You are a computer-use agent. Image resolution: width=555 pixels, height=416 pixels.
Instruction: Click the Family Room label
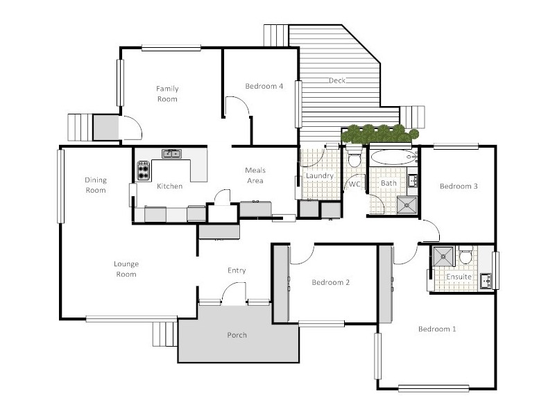tap(166, 94)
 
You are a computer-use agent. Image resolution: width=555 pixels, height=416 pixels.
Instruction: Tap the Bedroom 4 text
tap(264, 87)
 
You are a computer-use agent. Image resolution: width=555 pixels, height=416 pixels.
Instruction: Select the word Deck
tap(337, 81)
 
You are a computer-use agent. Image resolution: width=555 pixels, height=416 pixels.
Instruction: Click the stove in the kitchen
tap(144, 171)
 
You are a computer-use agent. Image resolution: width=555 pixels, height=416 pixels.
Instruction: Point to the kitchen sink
tap(171, 154)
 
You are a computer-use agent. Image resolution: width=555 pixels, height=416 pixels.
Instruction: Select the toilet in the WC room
tap(354, 160)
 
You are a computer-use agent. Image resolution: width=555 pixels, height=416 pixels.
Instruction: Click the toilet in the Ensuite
tap(466, 257)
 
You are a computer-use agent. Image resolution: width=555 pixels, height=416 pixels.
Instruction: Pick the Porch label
tap(237, 336)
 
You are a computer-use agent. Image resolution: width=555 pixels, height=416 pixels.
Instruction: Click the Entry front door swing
tap(234, 294)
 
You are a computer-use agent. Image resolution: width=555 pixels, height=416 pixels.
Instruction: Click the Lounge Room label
tap(126, 269)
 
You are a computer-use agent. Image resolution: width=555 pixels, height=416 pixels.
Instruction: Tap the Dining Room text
tap(96, 185)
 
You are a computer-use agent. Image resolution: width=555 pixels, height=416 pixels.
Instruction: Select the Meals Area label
tap(256, 175)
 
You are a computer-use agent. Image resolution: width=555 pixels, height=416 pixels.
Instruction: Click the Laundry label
tap(319, 176)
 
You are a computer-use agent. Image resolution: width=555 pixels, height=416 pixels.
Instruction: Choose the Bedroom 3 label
tap(459, 187)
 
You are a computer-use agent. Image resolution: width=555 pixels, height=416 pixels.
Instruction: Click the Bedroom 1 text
tap(437, 329)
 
